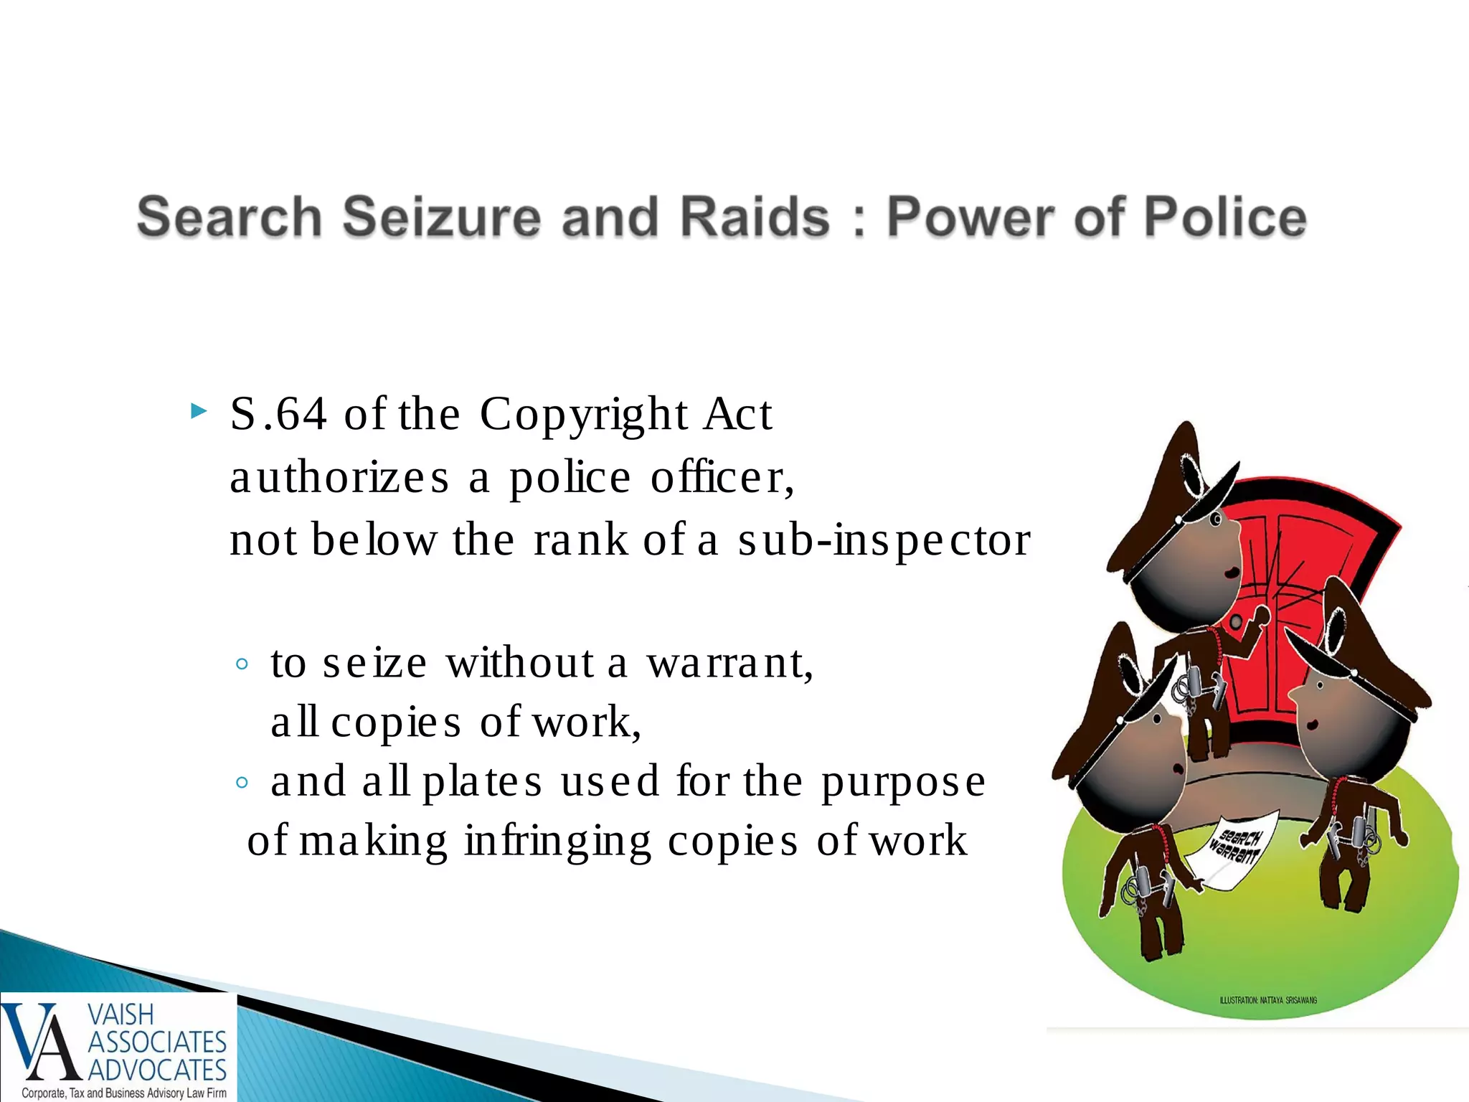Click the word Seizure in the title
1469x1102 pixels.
441,217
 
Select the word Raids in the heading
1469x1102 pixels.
755,217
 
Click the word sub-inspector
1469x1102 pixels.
884,540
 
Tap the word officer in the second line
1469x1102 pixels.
721,477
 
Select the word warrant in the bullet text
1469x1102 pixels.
729,662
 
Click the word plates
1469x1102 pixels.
483,781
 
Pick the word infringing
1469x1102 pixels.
558,841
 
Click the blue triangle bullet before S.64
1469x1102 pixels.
199,412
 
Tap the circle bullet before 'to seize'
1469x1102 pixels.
242,664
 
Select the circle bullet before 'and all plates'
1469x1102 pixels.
242,783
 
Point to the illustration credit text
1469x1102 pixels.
1268,1000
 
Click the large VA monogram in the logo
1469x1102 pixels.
42,1042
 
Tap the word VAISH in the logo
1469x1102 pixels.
121,1014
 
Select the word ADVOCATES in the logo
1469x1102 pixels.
157,1070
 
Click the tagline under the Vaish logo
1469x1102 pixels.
123,1093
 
